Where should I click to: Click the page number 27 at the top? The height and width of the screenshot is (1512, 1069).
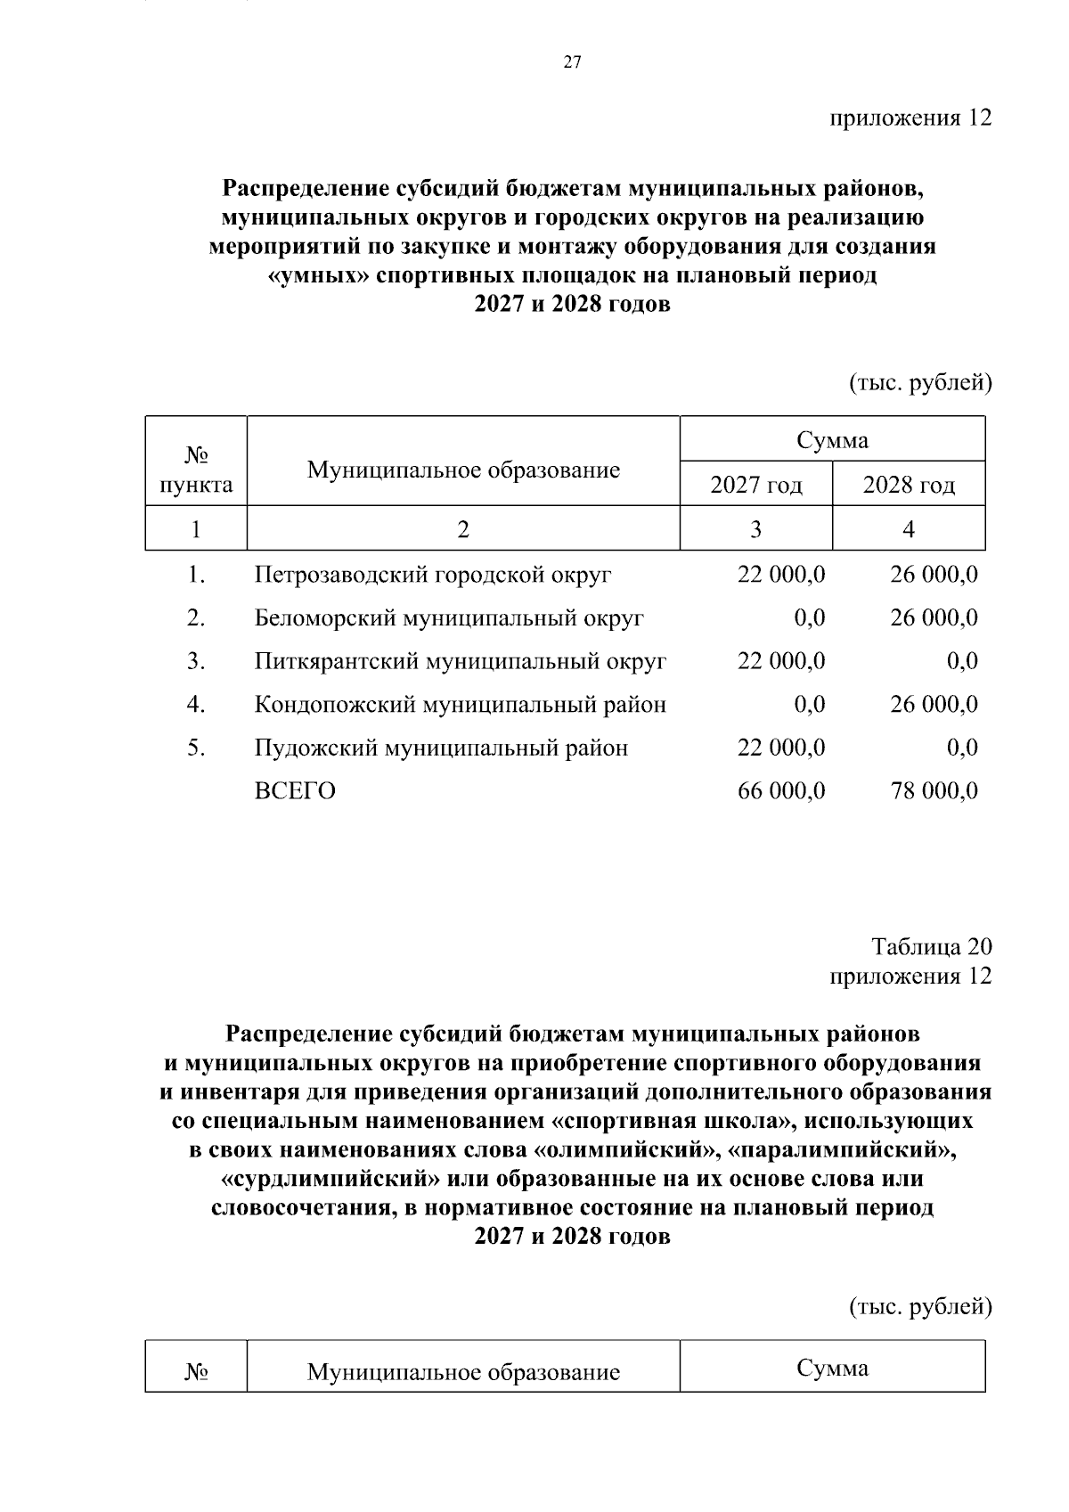coord(572,62)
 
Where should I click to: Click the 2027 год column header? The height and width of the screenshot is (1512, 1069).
coord(755,485)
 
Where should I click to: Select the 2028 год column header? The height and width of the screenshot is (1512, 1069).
coord(909,485)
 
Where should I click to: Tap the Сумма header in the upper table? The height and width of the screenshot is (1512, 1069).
coord(832,439)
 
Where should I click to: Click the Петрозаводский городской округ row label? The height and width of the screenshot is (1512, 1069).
coord(433,575)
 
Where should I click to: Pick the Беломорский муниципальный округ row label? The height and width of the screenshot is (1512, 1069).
coord(449,617)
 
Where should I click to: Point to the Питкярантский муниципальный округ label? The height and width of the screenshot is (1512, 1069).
coord(460,661)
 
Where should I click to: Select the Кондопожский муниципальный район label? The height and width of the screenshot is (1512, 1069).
coord(460,705)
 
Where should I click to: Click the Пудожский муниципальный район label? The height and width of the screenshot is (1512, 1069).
coord(441,748)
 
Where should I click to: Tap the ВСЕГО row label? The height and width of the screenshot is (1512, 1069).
coord(295,791)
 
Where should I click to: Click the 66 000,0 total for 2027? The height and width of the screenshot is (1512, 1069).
coord(781,791)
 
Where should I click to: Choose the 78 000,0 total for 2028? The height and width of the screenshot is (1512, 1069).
coord(934,791)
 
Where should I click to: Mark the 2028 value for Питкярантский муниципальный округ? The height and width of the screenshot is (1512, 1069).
coord(962,661)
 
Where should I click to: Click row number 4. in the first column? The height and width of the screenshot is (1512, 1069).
coord(196,705)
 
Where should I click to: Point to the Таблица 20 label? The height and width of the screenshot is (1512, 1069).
coord(931,946)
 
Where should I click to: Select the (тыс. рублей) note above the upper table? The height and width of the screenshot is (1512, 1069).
coord(918,382)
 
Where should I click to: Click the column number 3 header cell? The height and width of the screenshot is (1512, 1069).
coord(755,529)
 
